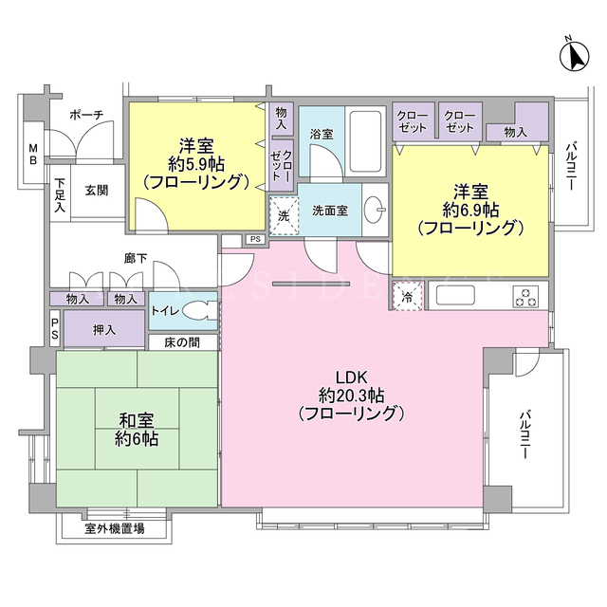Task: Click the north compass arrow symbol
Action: tap(575, 57)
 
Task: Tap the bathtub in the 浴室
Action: tap(365, 141)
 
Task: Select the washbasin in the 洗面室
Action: tap(375, 210)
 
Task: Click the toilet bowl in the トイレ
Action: tap(199, 311)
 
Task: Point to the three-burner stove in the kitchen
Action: tap(525, 297)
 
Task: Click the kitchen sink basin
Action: tap(455, 296)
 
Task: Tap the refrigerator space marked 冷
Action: tap(407, 297)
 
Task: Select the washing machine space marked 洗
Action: tap(284, 216)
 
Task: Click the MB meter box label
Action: tap(34, 154)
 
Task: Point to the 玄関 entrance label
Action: tap(97, 191)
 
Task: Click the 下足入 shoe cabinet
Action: tap(60, 193)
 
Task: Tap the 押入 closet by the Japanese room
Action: tap(104, 329)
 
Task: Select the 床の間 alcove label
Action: tap(182, 342)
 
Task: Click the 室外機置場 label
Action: tap(115, 528)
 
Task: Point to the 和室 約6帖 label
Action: tap(137, 430)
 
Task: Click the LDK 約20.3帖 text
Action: tap(352, 395)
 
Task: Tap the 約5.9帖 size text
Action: tap(196, 165)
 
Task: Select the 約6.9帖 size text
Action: tap(470, 211)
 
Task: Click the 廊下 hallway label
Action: tap(136, 258)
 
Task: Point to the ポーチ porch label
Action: tap(86, 115)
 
